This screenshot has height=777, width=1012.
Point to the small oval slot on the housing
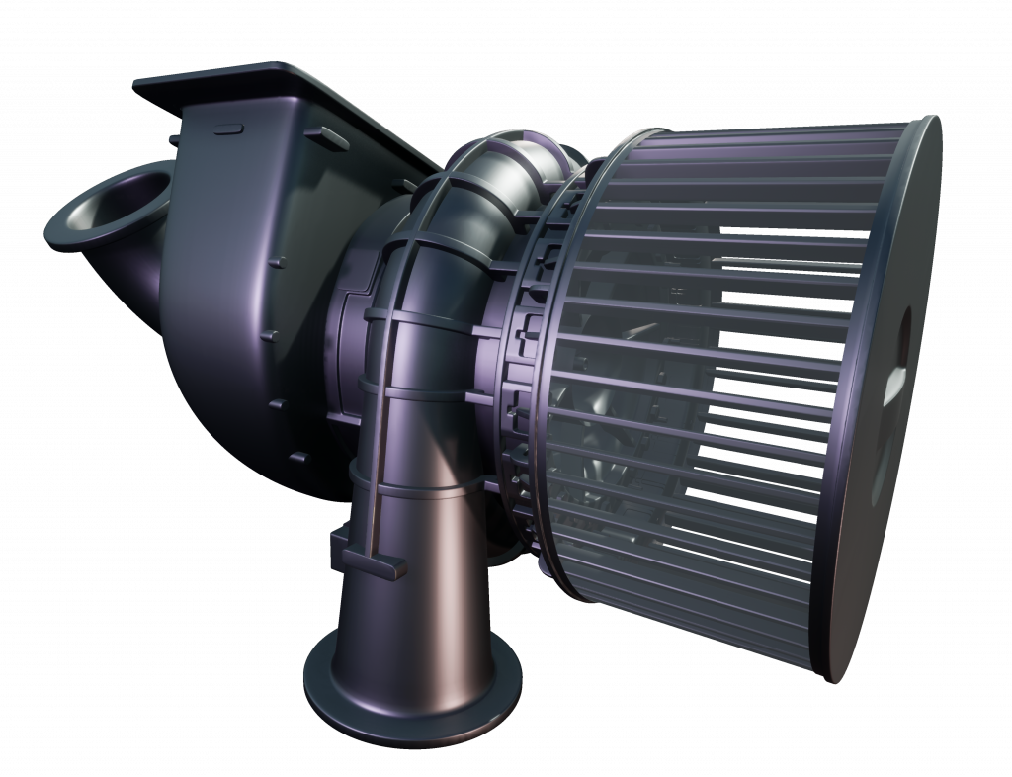point(229,129)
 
